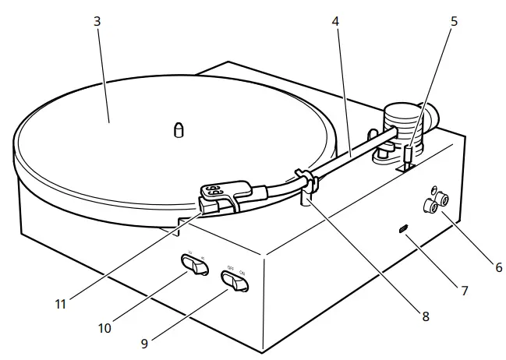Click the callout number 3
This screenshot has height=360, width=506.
coord(97,22)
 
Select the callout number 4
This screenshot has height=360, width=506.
coord(335,22)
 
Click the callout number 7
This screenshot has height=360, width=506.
coord(464,291)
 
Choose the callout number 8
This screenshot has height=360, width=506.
coord(425,316)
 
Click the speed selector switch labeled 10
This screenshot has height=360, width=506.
coord(195,265)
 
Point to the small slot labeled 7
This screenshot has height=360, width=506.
coord(403,228)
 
